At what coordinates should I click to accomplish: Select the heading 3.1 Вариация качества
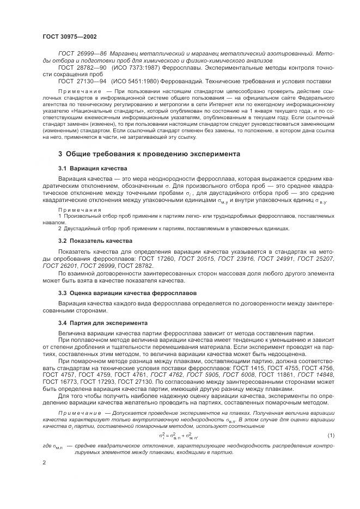tap(92, 168)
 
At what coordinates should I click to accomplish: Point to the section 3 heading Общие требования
tap(149, 154)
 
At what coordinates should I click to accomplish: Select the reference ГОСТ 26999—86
tap(81, 53)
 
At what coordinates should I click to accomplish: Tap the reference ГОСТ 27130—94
tap(81, 81)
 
